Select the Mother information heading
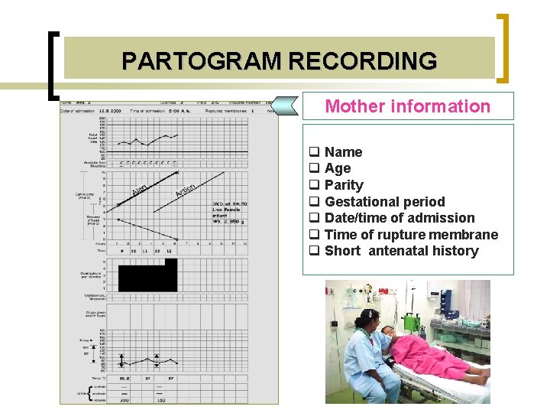coord(407,106)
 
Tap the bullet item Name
coord(343,152)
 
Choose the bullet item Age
coord(338,168)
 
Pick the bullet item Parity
coord(344,185)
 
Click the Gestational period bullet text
coord(384,202)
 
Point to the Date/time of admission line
coord(400,218)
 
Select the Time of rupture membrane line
coord(411,235)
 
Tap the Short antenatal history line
coord(401,251)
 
